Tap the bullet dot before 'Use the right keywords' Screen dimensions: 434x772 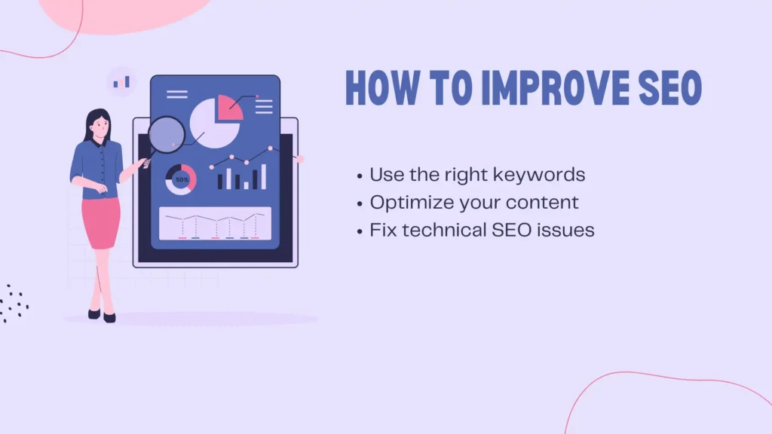coord(360,176)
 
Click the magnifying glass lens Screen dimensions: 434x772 coord(167,136)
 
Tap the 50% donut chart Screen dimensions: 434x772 coord(181,181)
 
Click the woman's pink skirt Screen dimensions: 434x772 coord(101,222)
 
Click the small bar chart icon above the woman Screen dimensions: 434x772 coord(121,82)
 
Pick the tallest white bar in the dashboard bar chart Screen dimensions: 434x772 coord(264,177)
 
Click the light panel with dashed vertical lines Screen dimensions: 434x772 coord(215,223)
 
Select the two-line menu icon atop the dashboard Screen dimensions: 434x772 coord(176,94)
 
